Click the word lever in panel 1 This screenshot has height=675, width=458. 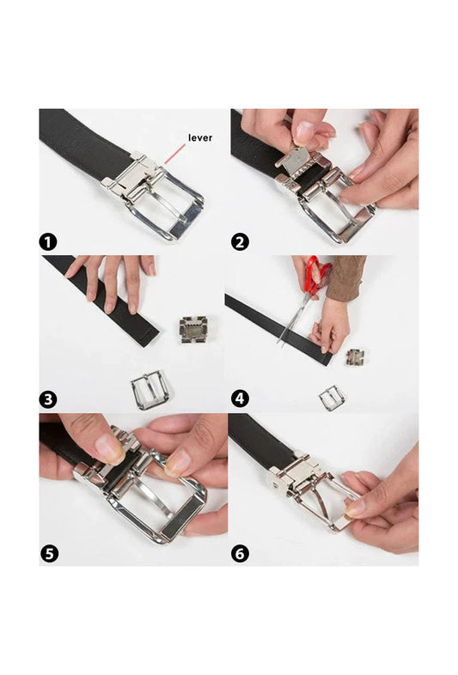[201, 137]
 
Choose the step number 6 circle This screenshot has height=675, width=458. [241, 554]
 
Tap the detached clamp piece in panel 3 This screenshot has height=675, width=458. [193, 328]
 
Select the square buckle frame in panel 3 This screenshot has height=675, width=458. [150, 389]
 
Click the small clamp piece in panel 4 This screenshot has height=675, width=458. [354, 356]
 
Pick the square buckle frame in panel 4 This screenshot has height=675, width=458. [331, 397]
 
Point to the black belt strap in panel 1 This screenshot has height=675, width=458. [77, 142]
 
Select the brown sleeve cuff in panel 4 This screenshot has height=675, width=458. [347, 277]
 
